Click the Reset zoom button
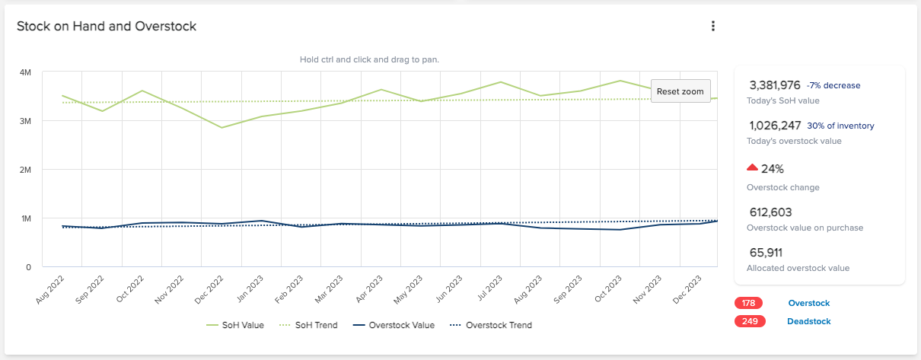(x=680, y=91)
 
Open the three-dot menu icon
(x=713, y=27)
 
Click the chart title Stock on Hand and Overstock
(x=107, y=27)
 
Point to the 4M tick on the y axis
(x=25, y=72)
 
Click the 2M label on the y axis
(x=25, y=170)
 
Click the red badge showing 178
(x=750, y=303)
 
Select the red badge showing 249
(x=750, y=321)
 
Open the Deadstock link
(x=808, y=321)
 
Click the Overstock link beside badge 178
(x=809, y=303)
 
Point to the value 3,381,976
(x=775, y=85)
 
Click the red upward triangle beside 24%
(x=752, y=167)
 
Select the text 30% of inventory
(x=840, y=126)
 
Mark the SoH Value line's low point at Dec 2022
(x=221, y=127)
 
